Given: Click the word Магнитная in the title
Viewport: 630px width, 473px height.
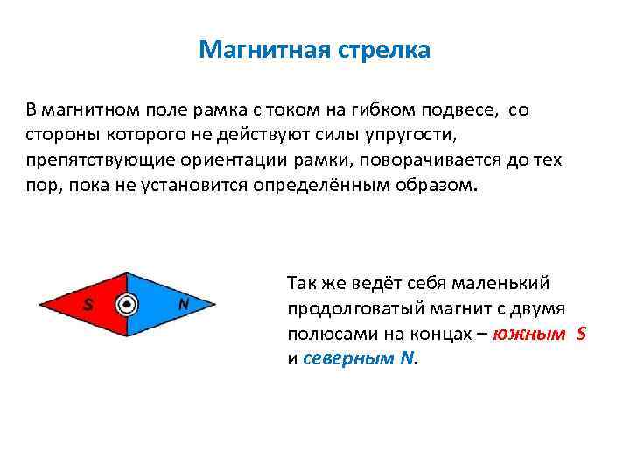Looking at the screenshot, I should pyautogui.click(x=259, y=50).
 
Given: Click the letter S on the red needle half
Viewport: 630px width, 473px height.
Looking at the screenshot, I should pyautogui.click(x=88, y=305).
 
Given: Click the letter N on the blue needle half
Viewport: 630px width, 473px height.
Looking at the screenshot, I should pyautogui.click(x=183, y=304).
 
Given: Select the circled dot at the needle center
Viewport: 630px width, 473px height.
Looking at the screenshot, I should pyautogui.click(x=128, y=304).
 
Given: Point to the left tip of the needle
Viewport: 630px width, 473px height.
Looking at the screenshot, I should pyautogui.click(x=41, y=304).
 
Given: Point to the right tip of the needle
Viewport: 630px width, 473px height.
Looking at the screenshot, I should pyautogui.click(x=214, y=304).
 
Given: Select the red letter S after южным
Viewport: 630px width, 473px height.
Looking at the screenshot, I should pyautogui.click(x=582, y=335).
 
